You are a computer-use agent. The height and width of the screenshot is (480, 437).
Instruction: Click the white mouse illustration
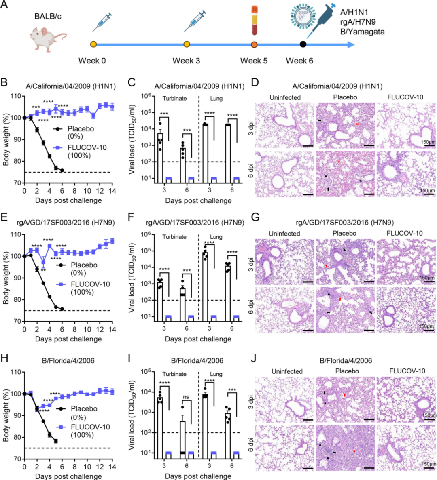coord(47,37)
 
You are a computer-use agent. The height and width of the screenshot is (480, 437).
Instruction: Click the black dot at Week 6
coord(303,44)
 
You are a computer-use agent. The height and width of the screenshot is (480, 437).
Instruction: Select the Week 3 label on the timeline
coord(186,61)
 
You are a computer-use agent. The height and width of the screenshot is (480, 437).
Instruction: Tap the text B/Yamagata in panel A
coord(362,32)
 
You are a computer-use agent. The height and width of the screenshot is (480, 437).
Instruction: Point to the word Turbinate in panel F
coord(174,237)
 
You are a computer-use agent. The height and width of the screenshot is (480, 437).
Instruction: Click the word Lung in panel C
coord(216,99)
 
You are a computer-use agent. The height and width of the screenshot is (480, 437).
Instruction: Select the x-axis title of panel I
coord(198,476)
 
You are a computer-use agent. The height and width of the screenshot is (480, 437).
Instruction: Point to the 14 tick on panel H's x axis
coord(112,467)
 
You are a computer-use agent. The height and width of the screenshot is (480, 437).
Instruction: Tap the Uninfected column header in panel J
coord(287,371)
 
